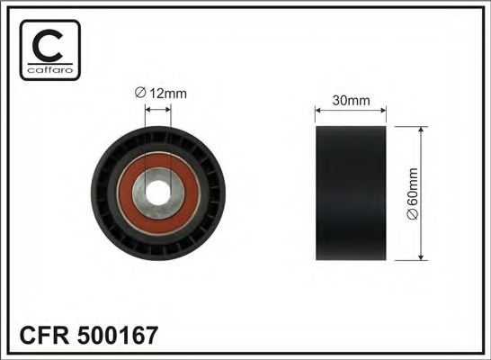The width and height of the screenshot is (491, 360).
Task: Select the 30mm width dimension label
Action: coord(349,101)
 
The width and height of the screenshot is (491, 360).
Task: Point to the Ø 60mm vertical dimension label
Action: coord(438,194)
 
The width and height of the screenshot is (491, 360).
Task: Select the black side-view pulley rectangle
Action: coord(350,194)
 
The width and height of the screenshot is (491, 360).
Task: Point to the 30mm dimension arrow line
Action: coord(350,112)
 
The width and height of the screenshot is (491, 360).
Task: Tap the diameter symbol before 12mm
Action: coord(139,94)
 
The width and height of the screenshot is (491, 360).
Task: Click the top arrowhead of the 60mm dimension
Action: coord(422,130)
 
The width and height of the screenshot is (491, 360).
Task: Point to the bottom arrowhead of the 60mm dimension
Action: coord(422,259)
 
